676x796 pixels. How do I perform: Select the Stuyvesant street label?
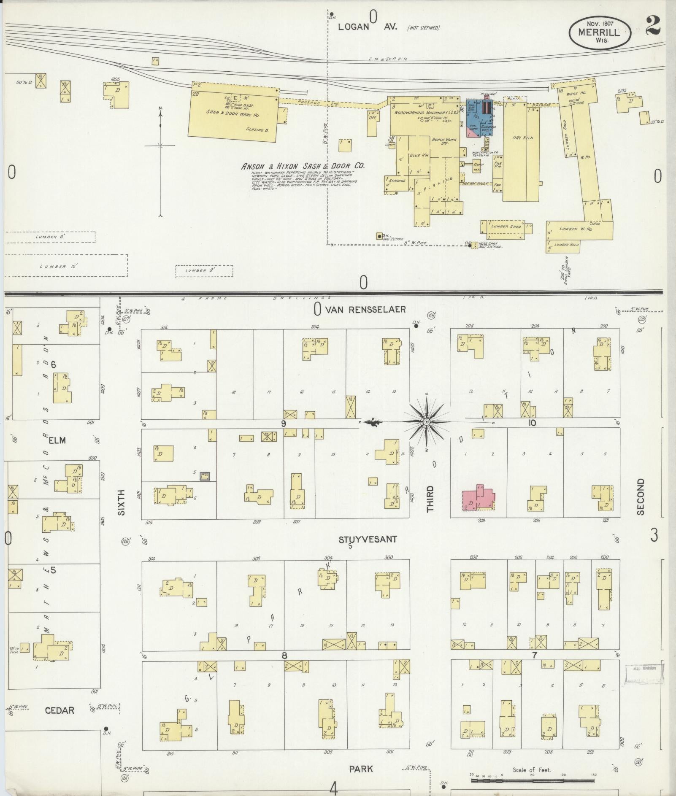(368, 539)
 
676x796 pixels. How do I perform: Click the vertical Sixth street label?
(122, 502)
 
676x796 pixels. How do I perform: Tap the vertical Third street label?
(430, 499)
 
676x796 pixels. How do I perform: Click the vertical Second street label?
(641, 496)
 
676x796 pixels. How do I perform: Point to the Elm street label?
(57, 440)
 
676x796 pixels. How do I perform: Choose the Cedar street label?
(59, 710)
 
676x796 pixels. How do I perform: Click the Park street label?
(361, 769)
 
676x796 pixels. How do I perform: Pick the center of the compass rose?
(426, 421)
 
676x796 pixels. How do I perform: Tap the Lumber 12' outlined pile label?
(59, 267)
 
